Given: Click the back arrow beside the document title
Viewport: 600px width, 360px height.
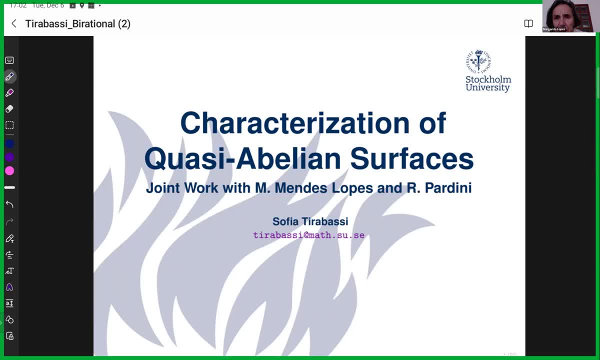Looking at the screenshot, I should [14, 23].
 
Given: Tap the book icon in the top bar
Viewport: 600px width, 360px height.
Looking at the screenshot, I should [528, 23].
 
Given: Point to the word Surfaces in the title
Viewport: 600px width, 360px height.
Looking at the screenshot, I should [411, 158].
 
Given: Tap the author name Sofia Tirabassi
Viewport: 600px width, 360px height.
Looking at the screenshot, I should [310, 221].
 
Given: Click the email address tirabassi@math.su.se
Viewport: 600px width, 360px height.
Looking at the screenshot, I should [309, 235].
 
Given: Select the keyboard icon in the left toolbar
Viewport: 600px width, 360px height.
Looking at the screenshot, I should [9, 60].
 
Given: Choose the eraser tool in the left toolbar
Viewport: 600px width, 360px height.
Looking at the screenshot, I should [9, 109].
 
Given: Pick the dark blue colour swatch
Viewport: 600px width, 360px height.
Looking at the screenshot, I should [9, 144].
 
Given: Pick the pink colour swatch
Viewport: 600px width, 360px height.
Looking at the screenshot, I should [9, 171].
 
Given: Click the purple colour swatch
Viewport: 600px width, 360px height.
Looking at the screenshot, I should [9, 157].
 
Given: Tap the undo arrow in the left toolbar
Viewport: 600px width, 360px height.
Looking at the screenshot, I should [9, 204].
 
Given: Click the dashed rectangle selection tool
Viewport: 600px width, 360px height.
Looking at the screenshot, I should [9, 125].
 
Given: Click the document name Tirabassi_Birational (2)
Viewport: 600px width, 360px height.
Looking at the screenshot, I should [78, 23].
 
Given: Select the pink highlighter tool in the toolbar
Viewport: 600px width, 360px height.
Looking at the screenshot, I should [9, 93].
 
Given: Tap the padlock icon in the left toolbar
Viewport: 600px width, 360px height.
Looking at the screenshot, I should [9, 336].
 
